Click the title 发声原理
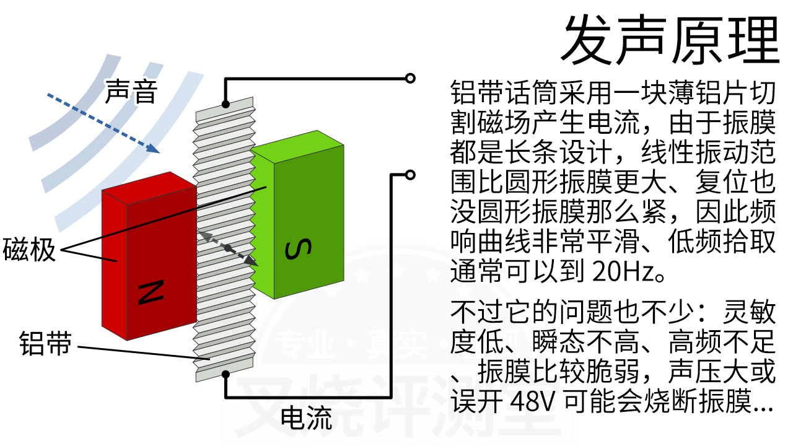[669, 38]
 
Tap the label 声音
[131, 92]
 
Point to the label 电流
[306, 418]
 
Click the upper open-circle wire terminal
[410, 77]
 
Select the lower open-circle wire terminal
[410, 175]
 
